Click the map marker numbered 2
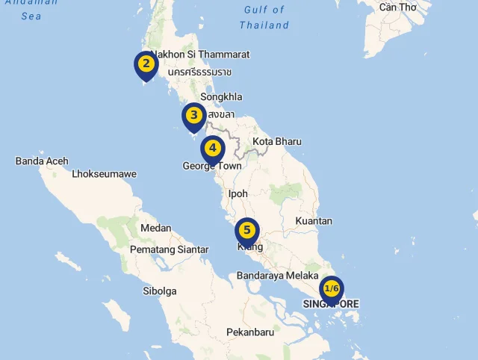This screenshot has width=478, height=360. [x=146, y=64]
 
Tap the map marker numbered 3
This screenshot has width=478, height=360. [x=193, y=116]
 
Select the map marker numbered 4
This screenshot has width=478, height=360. [x=213, y=149]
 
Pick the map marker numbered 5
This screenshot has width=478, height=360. [x=246, y=231]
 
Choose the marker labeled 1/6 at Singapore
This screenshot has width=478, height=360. [x=332, y=289]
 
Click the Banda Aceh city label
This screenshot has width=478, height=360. [x=42, y=161]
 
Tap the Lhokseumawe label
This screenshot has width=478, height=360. [x=105, y=174]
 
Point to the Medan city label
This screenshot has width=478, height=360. [x=155, y=228]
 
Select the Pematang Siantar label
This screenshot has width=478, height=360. [x=169, y=249]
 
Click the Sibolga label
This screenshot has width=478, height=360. [x=160, y=291]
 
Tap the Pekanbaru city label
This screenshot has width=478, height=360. [x=250, y=332]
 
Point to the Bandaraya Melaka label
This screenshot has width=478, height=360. [x=278, y=276]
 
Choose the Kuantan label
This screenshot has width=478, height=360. [x=314, y=221]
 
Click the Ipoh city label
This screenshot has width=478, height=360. [x=238, y=193]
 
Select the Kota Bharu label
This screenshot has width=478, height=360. [x=277, y=141]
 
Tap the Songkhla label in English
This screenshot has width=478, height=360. [x=221, y=96]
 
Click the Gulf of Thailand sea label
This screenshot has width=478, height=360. [x=264, y=17]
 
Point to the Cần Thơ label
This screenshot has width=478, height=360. [x=397, y=7]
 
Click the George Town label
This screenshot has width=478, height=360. [x=213, y=167]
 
